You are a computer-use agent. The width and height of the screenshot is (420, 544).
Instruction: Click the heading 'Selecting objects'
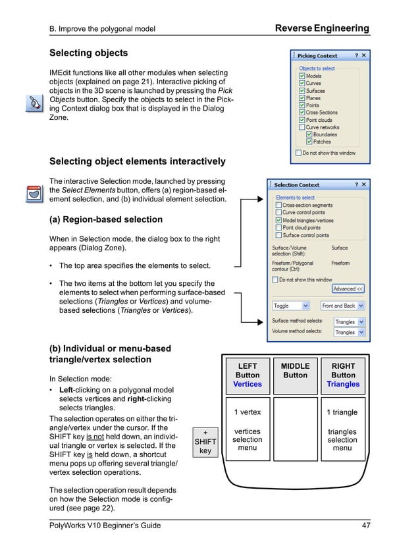89,53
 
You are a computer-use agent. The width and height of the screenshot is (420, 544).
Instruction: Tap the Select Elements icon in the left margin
32,194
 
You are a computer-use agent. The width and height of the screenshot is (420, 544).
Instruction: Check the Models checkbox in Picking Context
302,76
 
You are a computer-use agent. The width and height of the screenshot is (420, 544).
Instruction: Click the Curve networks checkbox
302,128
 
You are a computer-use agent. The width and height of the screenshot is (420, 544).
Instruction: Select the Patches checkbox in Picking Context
309,142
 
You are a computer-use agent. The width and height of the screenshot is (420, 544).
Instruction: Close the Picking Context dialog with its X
363,56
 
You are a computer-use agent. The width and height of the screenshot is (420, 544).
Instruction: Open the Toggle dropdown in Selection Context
291,306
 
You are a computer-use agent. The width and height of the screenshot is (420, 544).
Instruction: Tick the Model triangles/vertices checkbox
278,220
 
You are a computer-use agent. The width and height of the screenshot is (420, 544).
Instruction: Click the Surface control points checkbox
278,235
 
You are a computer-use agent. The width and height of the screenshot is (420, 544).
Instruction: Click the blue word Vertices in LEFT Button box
248,384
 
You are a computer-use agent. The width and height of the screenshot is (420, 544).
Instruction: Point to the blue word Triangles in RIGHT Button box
343,384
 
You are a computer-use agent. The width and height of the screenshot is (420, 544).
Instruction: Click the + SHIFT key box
205,441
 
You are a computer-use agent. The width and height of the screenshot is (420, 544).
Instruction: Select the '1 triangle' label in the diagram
342,412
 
